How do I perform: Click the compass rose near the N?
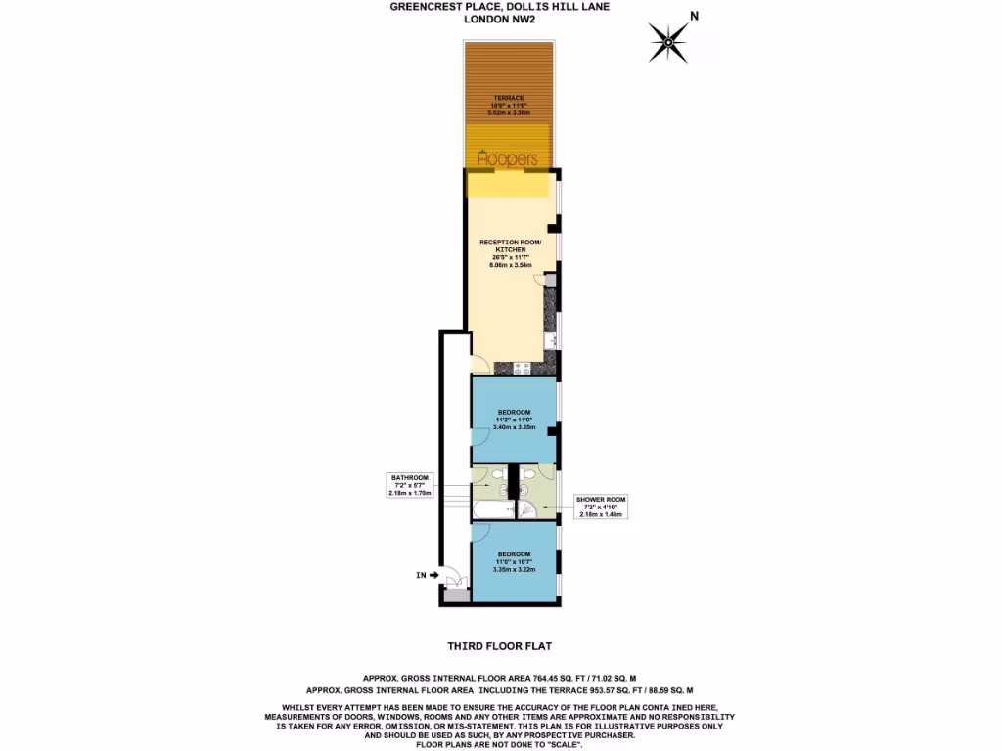pos(669,41)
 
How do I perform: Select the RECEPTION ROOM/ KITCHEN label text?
pos(504,245)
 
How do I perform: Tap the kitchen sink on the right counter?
pos(550,341)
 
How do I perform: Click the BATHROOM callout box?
pos(409,485)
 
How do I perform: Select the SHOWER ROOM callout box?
pos(600,507)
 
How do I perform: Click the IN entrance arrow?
pos(426,576)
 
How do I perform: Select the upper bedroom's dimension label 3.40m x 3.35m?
pos(513,427)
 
